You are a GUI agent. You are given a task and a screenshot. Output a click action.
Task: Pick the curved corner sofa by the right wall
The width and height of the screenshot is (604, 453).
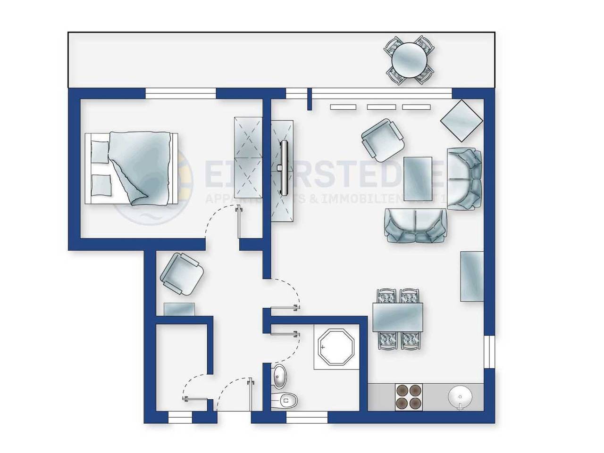[x=465, y=179]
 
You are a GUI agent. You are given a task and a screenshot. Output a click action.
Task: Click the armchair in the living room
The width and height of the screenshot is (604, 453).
[x=383, y=140]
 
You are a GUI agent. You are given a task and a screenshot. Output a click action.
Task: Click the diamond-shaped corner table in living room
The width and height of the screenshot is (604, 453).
[x=462, y=121]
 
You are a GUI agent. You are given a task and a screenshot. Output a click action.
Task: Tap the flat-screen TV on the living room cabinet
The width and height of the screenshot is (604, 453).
[x=285, y=167]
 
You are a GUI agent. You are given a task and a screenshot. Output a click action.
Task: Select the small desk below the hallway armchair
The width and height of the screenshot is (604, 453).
[x=180, y=309]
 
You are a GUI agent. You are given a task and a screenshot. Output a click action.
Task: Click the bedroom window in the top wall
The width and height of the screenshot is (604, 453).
[x=180, y=94]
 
